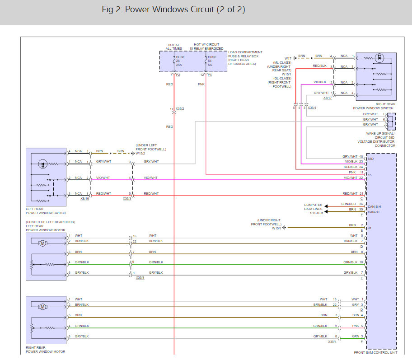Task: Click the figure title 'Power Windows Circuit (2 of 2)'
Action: coord(185,9)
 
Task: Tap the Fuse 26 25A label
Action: coord(180,61)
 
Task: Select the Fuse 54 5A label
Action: coord(212,61)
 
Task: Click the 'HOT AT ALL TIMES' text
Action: coord(173,47)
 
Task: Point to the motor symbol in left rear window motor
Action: coord(42,243)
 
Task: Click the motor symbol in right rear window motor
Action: coord(42,307)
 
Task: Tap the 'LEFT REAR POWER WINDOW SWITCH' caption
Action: coord(46,211)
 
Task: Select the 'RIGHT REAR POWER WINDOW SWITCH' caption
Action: coord(373,106)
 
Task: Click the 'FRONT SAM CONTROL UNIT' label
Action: coord(375,353)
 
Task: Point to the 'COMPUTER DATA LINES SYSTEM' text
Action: coord(313,209)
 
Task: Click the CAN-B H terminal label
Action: coord(374,207)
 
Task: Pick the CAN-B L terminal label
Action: coord(374,212)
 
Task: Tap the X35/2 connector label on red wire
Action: coord(180,109)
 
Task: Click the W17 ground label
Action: coord(288,59)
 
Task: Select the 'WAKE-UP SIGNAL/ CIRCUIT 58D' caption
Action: coord(380,136)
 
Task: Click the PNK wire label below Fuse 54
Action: coord(201,84)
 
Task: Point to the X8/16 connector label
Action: coord(84,199)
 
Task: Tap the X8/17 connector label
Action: coord(328,98)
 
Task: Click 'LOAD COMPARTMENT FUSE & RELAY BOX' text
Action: coord(245,54)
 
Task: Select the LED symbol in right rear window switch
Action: coord(379,58)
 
